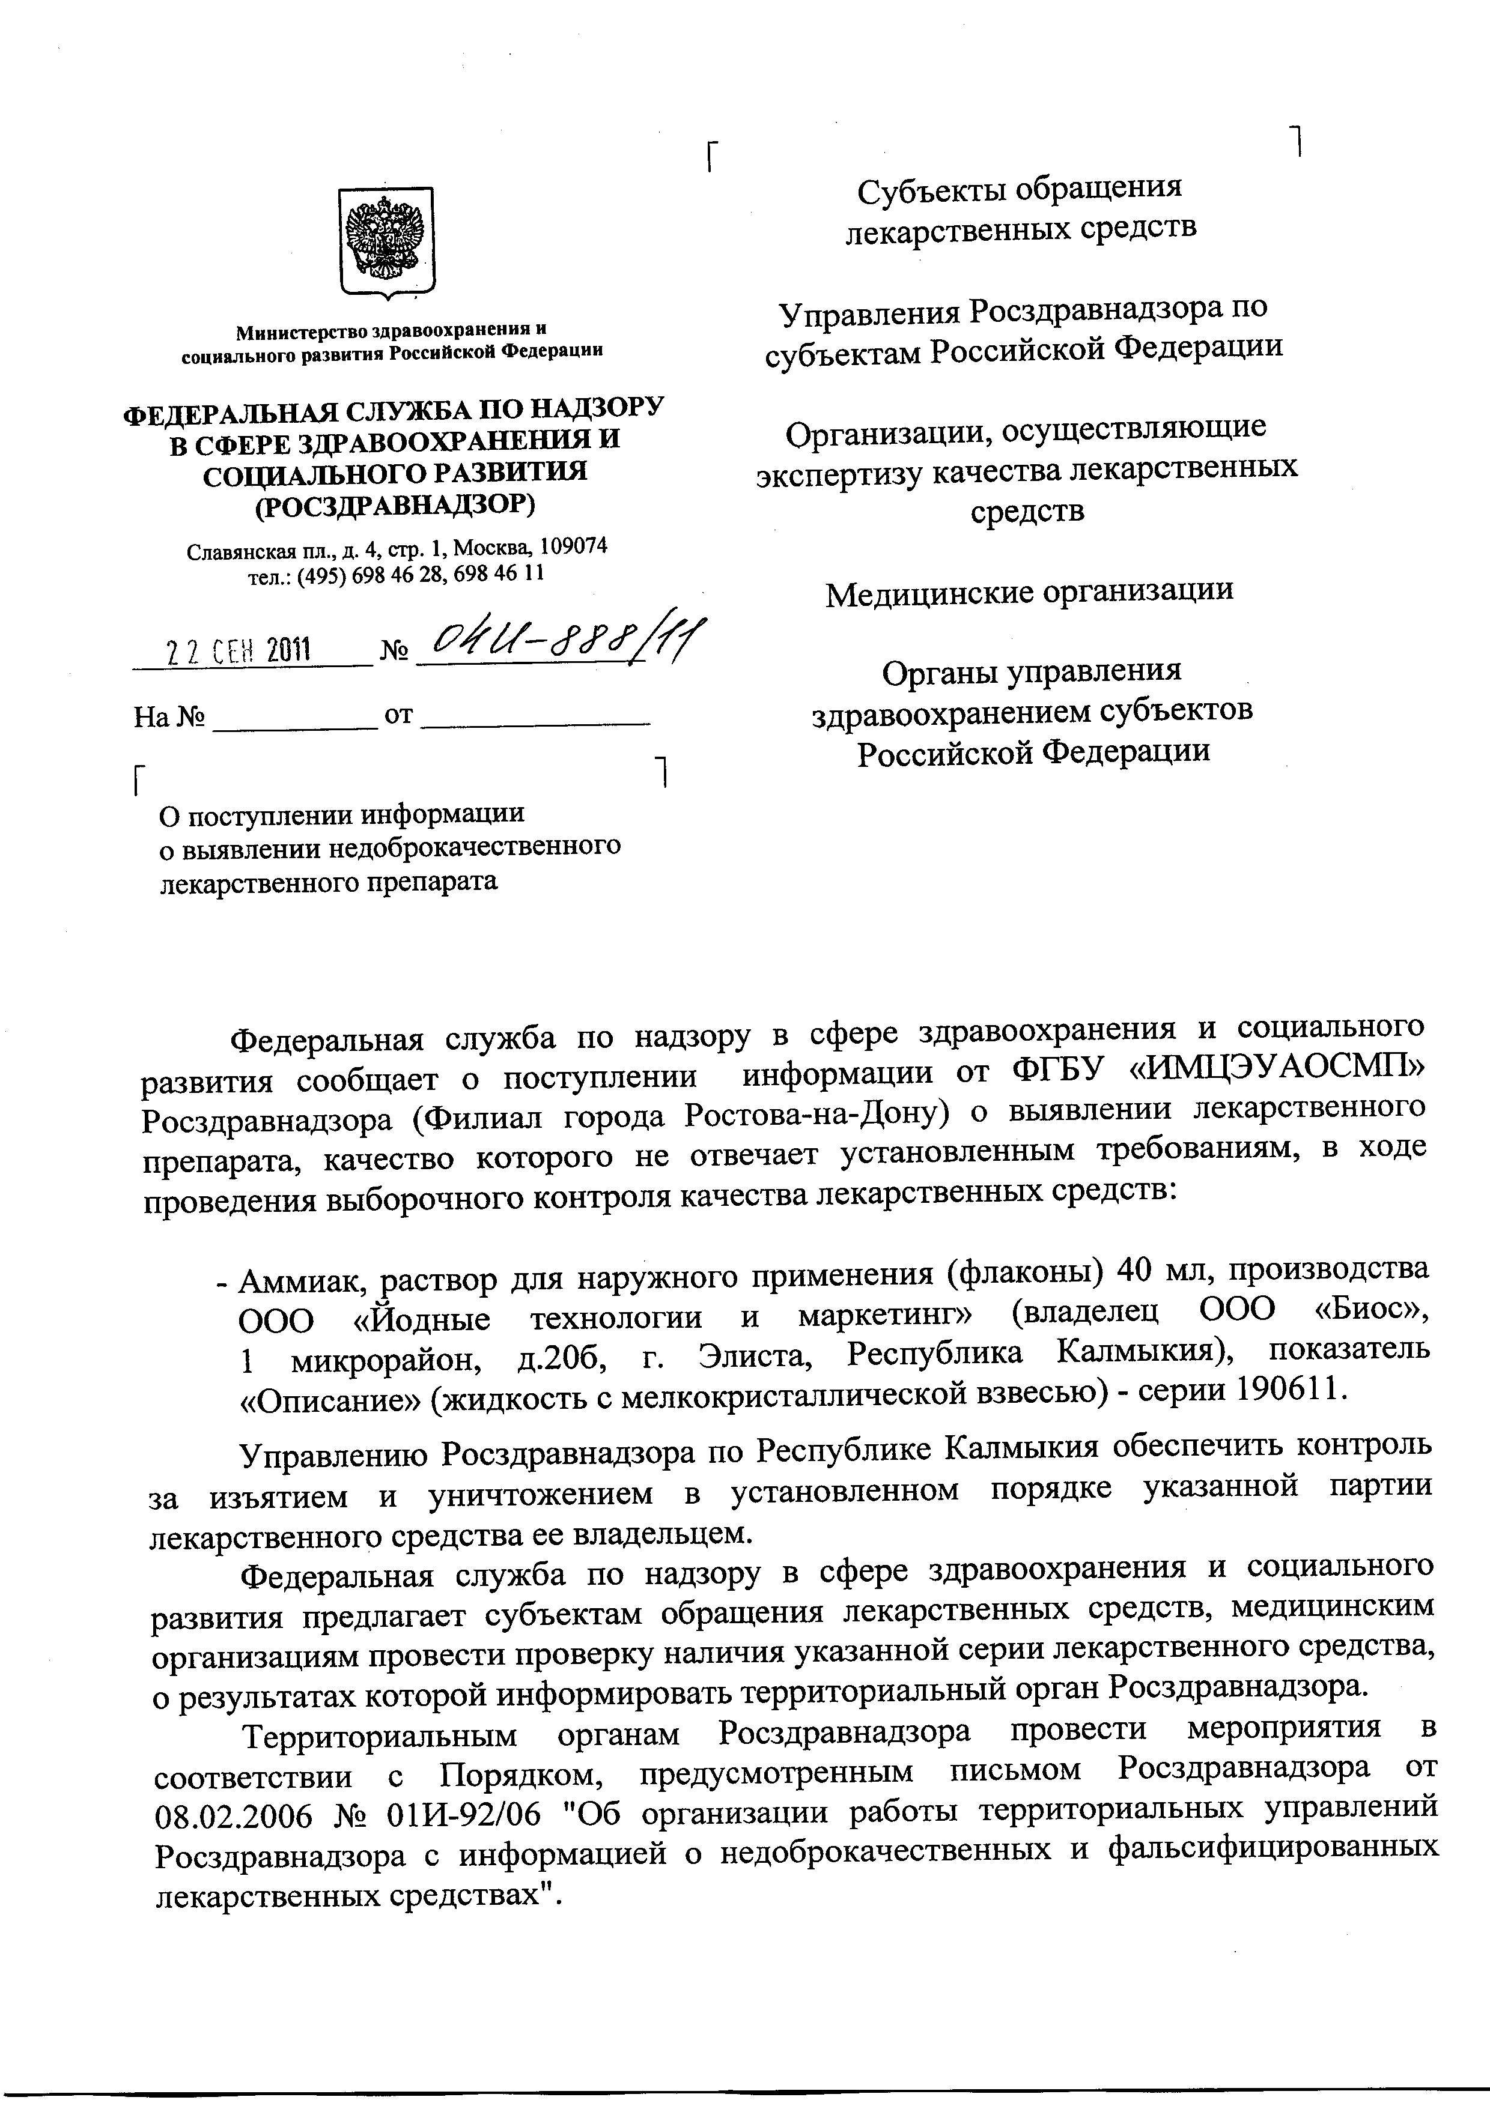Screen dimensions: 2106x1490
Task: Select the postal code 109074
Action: (573, 546)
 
